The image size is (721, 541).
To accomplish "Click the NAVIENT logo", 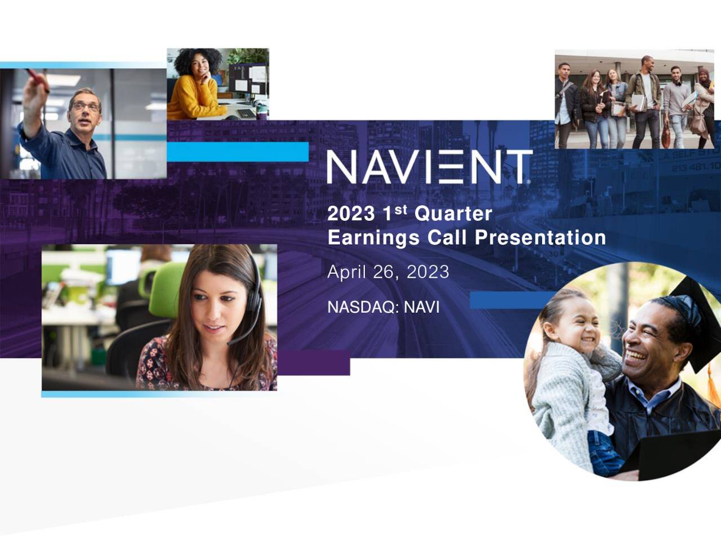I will click(429, 167).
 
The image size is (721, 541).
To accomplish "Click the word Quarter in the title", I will click(453, 214).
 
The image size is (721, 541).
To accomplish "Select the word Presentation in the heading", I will click(540, 237).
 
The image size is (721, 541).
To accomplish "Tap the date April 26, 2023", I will click(388, 272).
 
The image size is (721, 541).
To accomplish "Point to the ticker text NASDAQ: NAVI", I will click(383, 307).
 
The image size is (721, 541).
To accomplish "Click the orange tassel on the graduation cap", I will click(714, 383).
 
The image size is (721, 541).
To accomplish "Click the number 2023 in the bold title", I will click(350, 214).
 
